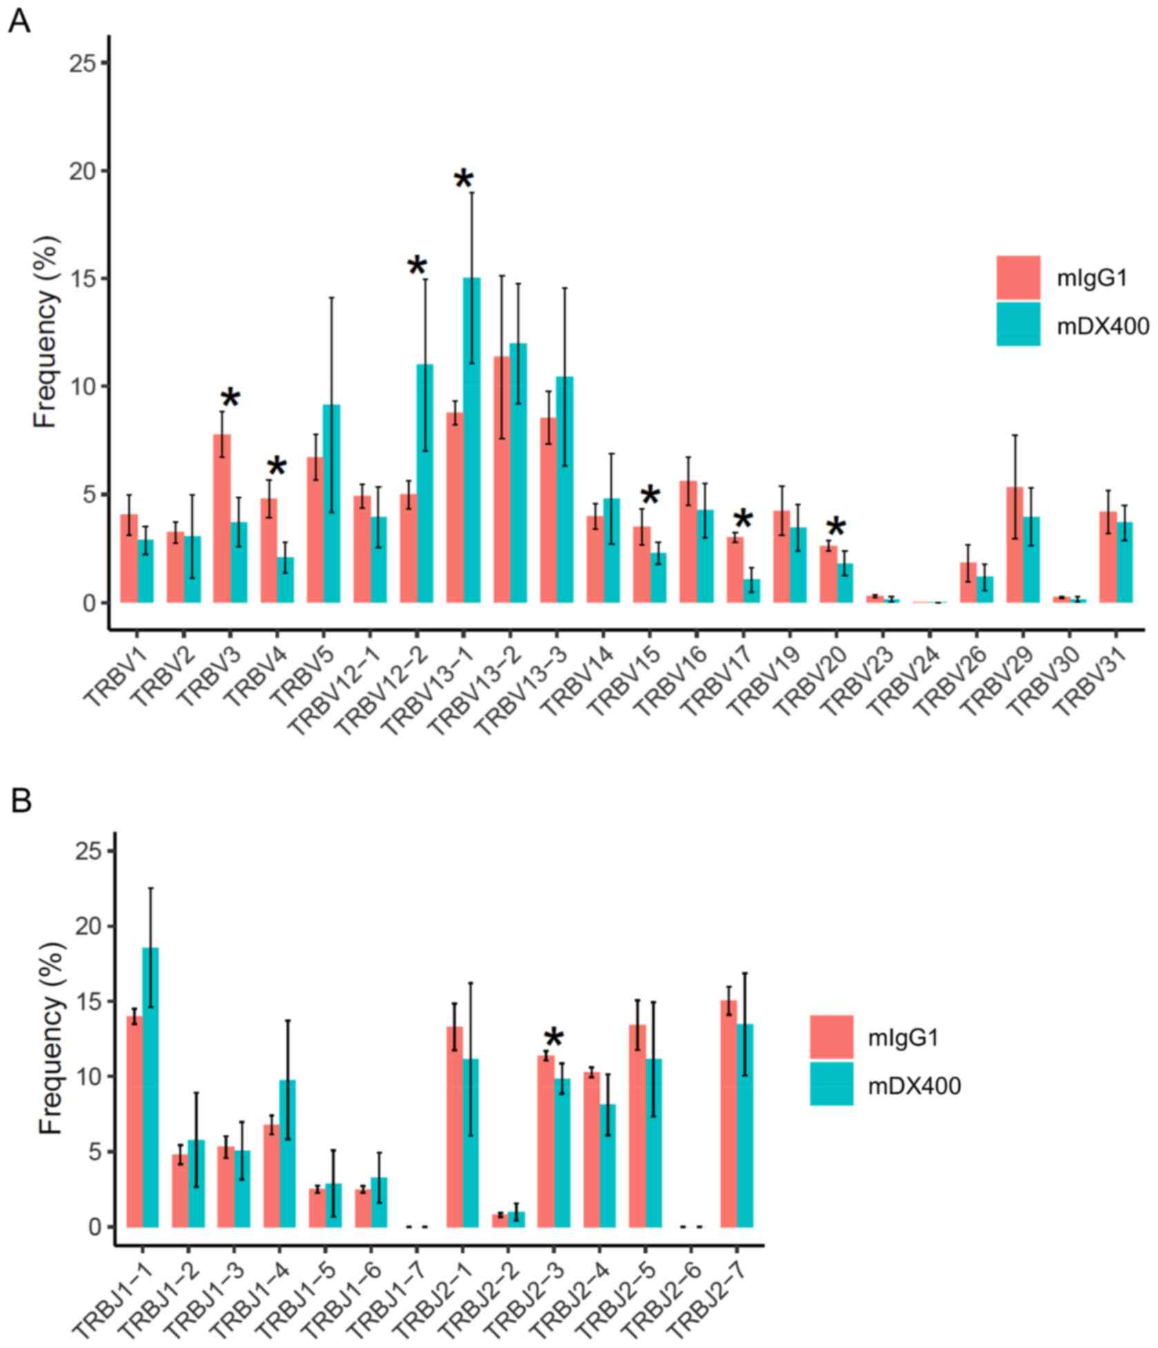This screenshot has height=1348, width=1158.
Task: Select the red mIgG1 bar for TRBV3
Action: click(222, 518)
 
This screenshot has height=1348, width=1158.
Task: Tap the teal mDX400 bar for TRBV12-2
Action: click(425, 483)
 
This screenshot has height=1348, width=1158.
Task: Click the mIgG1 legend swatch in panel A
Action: click(1018, 278)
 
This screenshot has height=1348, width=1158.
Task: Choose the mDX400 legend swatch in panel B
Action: click(831, 1084)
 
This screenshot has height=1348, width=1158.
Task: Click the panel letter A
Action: click(19, 22)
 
